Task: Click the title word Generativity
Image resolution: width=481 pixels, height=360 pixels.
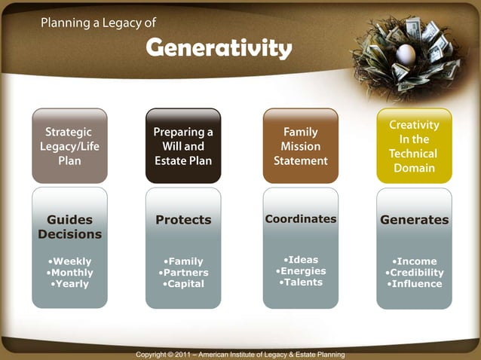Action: (x=219, y=48)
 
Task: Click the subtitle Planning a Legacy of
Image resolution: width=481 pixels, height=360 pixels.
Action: (x=98, y=23)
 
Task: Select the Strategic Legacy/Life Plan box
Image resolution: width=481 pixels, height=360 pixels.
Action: (x=69, y=146)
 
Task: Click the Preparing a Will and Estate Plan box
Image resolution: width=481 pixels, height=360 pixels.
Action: (x=183, y=146)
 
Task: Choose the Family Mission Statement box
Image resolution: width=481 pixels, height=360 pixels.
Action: (x=300, y=146)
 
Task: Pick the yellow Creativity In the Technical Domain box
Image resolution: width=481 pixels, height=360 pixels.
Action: (x=414, y=146)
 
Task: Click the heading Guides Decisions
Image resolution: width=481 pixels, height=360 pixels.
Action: (x=69, y=227)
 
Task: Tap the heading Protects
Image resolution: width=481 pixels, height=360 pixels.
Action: (x=183, y=220)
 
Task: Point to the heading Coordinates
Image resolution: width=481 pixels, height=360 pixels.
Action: (x=300, y=218)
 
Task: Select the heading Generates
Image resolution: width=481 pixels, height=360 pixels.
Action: (x=414, y=220)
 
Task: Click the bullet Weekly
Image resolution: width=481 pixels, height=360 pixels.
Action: (x=70, y=261)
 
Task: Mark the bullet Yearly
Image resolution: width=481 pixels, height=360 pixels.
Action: (x=70, y=284)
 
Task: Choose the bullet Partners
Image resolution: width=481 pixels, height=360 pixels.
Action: (x=183, y=273)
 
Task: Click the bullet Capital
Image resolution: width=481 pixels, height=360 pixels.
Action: (x=183, y=284)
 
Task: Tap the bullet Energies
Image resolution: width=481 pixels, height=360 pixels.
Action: (x=301, y=271)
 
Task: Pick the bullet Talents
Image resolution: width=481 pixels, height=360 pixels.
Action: (x=301, y=282)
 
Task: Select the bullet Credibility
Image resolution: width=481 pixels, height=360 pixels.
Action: (x=415, y=273)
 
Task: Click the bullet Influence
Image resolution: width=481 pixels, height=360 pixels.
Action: (x=415, y=284)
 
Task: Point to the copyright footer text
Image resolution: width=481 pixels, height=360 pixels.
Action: (x=240, y=354)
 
